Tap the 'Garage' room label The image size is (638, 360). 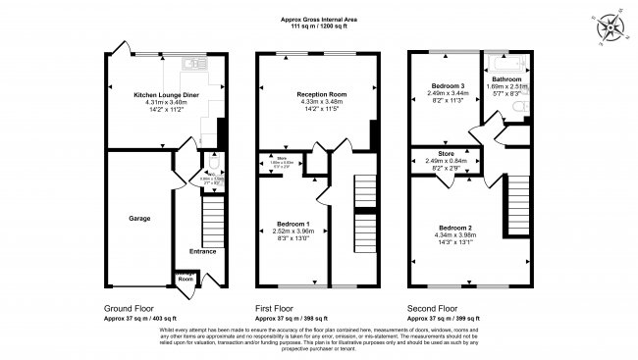click(x=139, y=218)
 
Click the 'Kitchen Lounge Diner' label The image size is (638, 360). click(x=166, y=95)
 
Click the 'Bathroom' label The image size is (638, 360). click(x=506, y=78)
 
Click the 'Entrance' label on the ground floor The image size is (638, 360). click(x=202, y=251)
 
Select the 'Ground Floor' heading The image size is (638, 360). click(x=128, y=307)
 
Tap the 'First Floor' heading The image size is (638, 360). click(x=277, y=307)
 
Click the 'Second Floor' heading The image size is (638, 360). click(x=432, y=307)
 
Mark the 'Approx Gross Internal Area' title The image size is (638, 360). click(x=319, y=18)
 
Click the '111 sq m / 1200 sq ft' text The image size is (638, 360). click(x=319, y=26)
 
